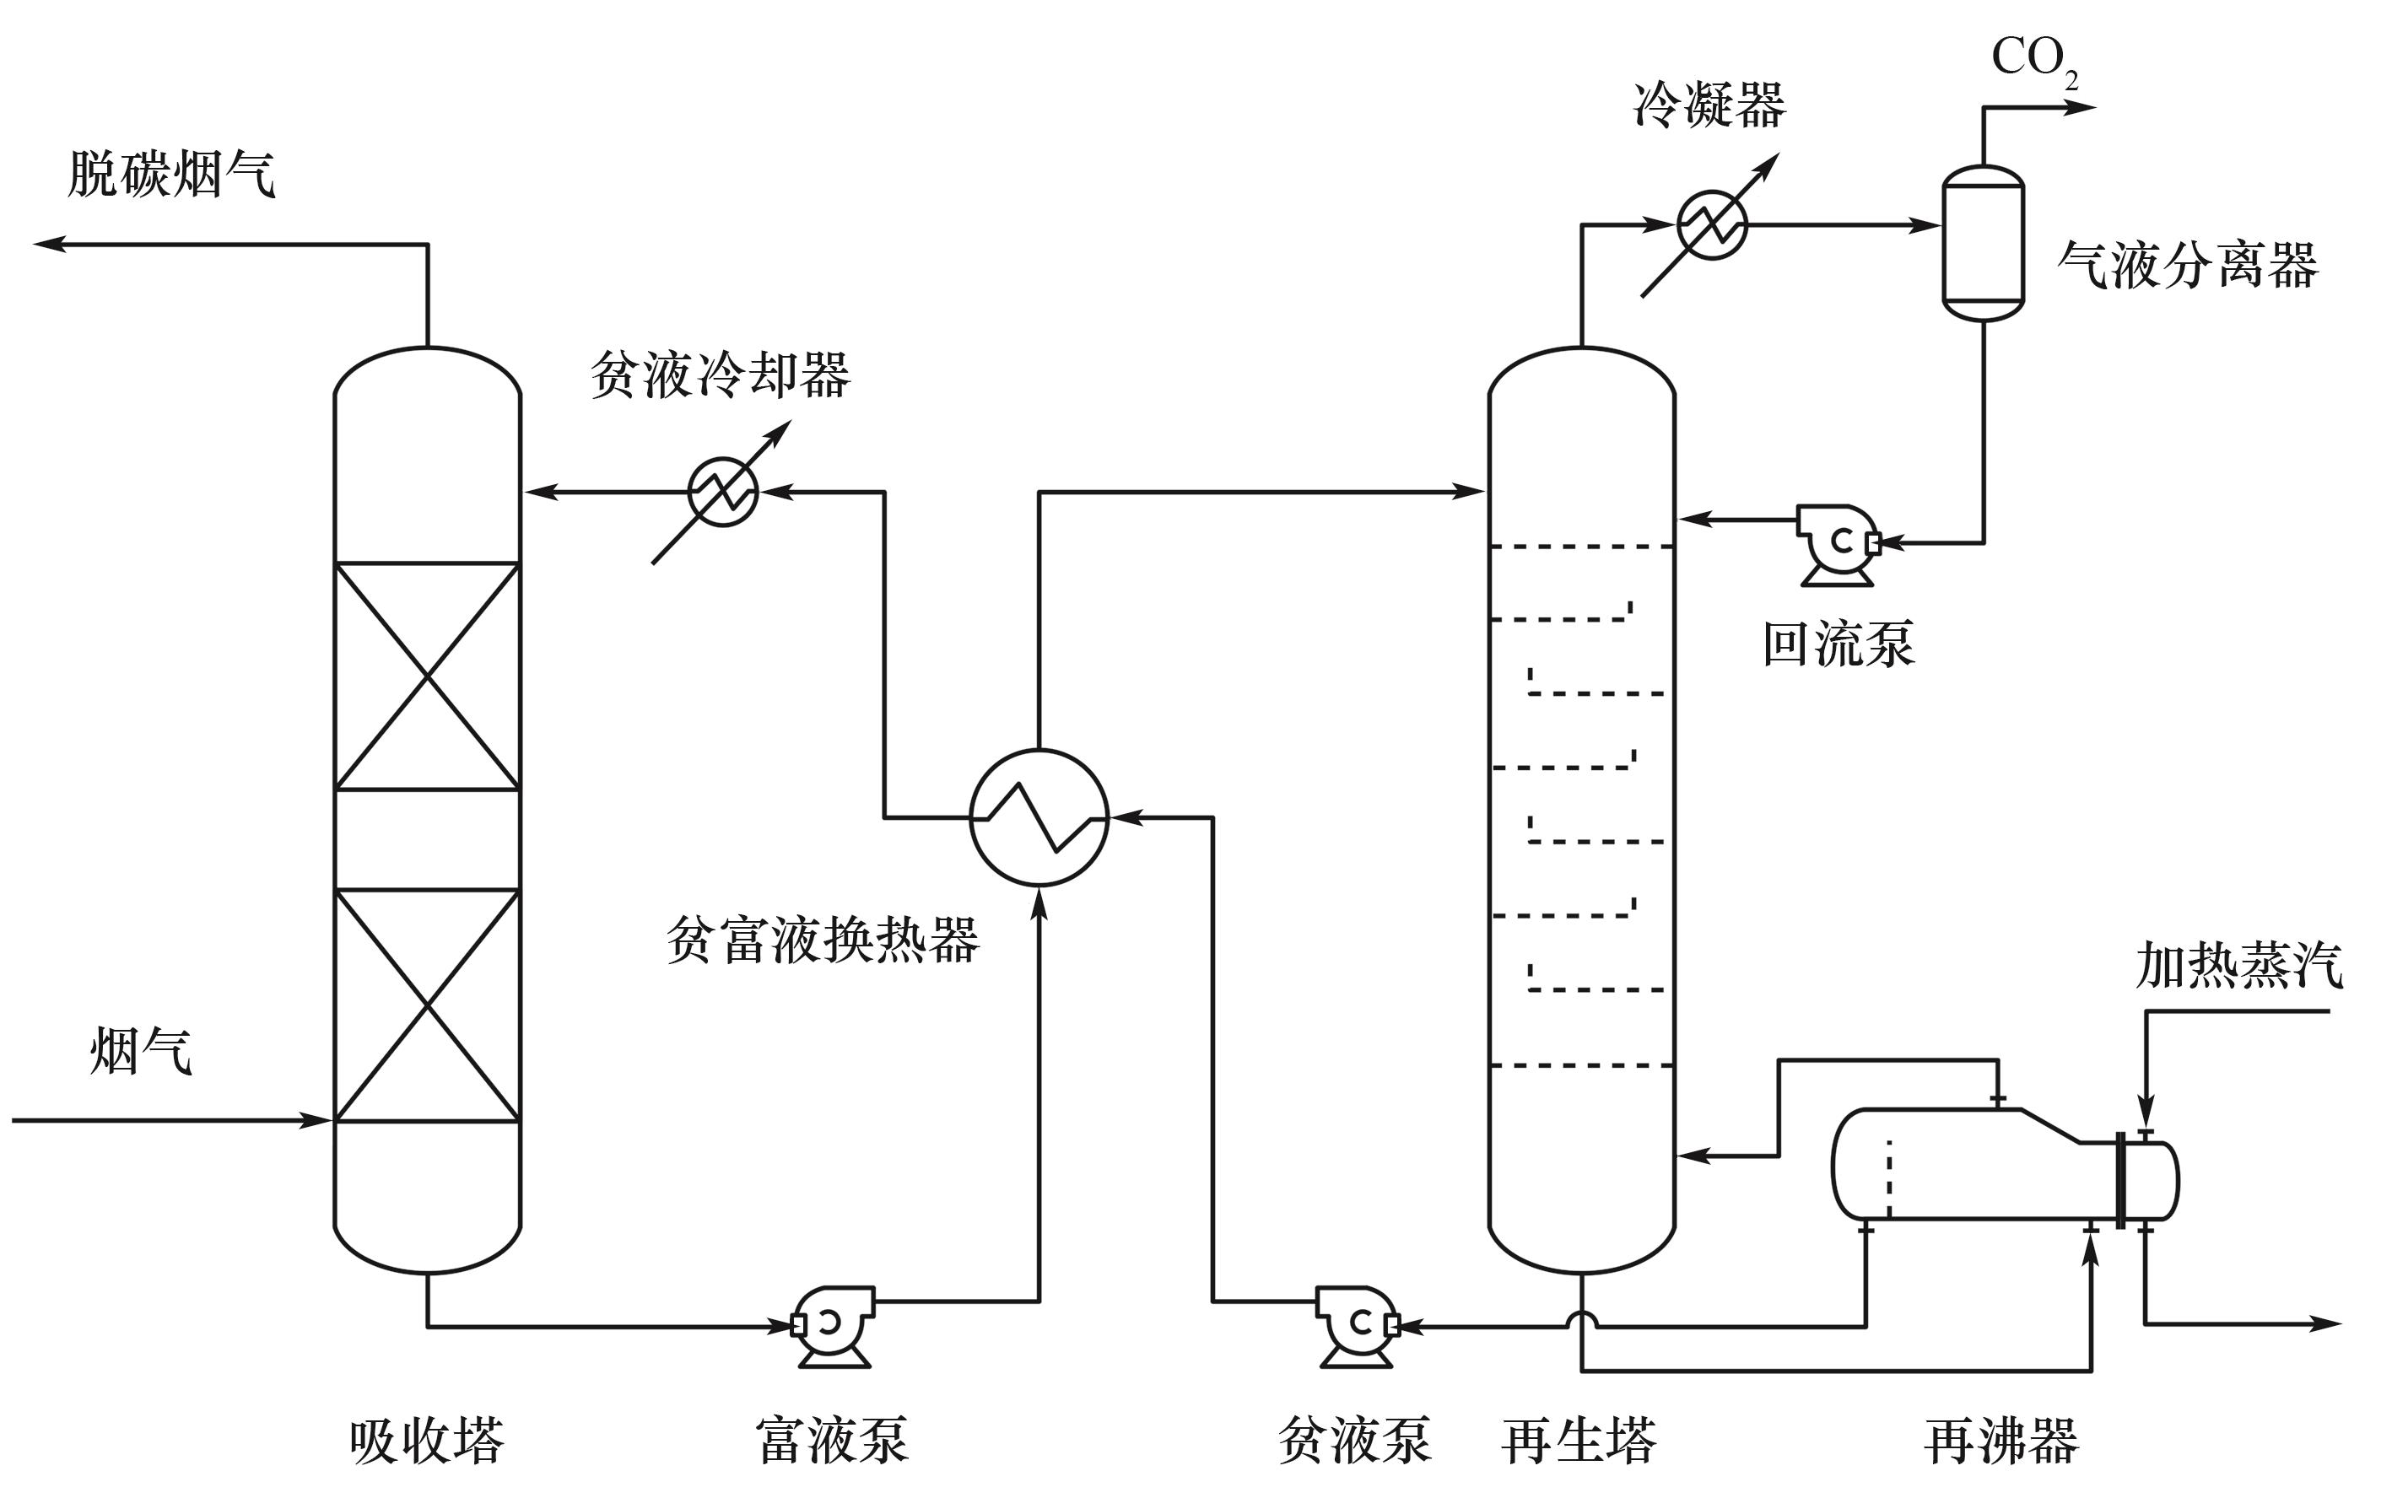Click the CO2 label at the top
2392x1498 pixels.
[x=2033, y=59]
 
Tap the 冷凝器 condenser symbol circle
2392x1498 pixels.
[x=1711, y=225]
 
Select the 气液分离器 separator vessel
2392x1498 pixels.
[x=1982, y=243]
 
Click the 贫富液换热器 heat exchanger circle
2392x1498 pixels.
[x=1039, y=817]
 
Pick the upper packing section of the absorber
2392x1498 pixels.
[x=427, y=676]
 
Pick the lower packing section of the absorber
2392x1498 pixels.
[x=427, y=1005]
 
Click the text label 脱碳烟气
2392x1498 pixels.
[x=171, y=175]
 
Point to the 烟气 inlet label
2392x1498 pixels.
[x=141, y=1051]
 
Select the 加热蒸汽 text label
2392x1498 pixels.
[x=2238, y=966]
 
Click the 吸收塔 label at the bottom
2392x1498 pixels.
[x=427, y=1441]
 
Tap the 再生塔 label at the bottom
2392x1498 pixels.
[x=1579, y=1441]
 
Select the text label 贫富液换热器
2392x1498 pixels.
[x=823, y=940]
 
